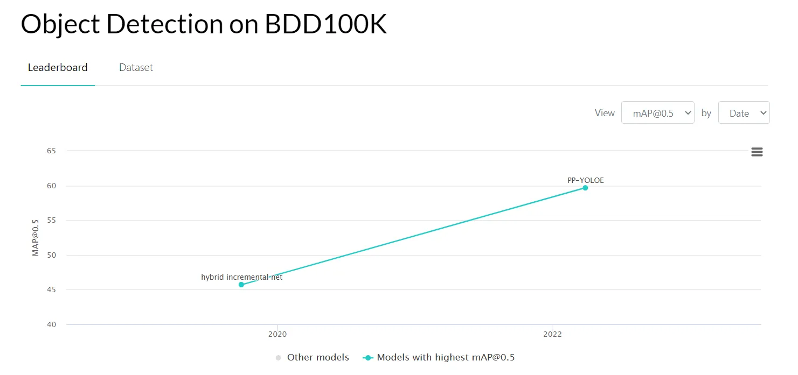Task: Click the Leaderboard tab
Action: pos(58,68)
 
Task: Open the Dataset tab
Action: pos(136,68)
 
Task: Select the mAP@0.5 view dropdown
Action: pos(657,113)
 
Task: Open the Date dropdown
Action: pos(744,113)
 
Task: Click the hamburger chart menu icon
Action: pos(757,152)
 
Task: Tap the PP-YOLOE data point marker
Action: pos(585,188)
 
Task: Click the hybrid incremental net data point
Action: pos(241,285)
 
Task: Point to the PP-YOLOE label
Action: pos(585,180)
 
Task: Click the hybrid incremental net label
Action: pos(241,277)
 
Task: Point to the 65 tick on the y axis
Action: pos(51,151)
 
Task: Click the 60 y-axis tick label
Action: pos(51,186)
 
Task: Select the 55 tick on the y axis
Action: pos(51,221)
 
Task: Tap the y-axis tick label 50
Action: pos(51,255)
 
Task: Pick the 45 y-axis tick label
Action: pos(51,290)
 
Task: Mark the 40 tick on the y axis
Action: pos(51,324)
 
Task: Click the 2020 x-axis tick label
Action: pos(277,334)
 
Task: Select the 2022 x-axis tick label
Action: pos(552,334)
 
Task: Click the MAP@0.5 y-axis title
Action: pos(36,238)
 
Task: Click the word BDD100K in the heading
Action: pos(325,25)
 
